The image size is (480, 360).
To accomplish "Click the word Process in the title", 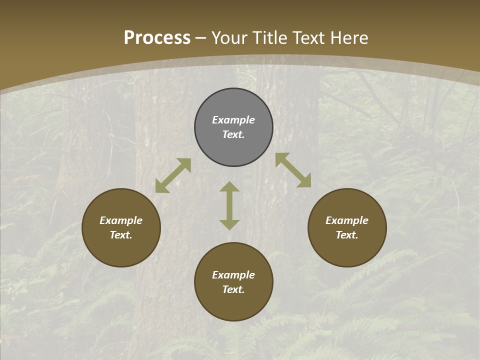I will [x=157, y=38].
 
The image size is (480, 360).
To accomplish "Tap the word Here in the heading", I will [x=349, y=38].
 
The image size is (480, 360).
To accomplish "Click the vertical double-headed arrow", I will [x=229, y=205].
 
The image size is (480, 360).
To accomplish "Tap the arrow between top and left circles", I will [x=173, y=175].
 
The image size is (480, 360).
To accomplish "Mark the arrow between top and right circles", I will [x=293, y=170].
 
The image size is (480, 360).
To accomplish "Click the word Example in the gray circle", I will [x=233, y=120].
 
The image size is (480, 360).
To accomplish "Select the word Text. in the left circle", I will [x=121, y=235].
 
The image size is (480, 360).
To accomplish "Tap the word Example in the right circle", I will [x=347, y=220].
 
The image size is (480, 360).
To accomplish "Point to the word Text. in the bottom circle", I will [x=233, y=289].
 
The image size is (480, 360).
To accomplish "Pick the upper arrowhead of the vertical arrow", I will [x=229, y=187].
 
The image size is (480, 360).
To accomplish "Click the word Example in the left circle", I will [x=121, y=220].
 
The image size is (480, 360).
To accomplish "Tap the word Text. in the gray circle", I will [x=233, y=134].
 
